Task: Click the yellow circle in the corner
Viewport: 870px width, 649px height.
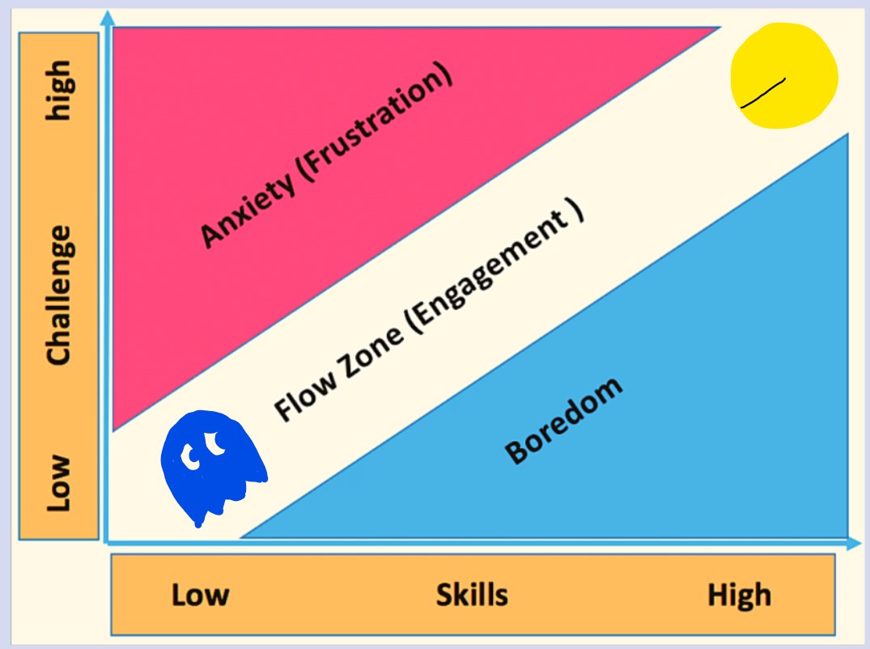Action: (x=783, y=76)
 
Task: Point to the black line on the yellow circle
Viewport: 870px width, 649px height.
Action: (x=763, y=92)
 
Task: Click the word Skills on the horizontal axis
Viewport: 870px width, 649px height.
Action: (x=472, y=596)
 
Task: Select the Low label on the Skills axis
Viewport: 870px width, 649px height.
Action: (x=200, y=596)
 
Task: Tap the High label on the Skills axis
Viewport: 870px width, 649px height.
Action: (x=739, y=596)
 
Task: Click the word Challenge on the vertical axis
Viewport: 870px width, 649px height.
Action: (x=59, y=295)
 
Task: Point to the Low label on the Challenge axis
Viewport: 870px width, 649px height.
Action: (x=59, y=482)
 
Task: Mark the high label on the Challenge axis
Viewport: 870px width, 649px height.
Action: (x=59, y=90)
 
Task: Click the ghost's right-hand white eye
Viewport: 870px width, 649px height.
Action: (x=216, y=442)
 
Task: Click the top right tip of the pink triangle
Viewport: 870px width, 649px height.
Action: (x=717, y=28)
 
